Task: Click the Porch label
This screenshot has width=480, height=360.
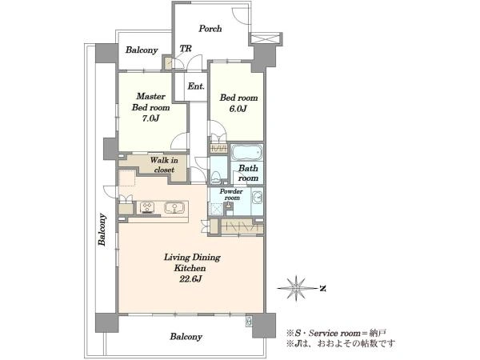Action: point(210,29)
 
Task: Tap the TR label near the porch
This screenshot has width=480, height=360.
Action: point(186,49)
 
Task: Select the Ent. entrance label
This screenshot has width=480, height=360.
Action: point(196,86)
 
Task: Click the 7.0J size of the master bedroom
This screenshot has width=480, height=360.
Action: point(150,118)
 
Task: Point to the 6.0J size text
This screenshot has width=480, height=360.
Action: point(238,109)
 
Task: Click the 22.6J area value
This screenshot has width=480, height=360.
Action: point(192,279)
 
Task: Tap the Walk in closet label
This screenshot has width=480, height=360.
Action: point(164,165)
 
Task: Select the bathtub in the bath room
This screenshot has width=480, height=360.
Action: point(246,152)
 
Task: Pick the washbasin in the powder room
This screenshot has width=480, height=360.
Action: point(257,197)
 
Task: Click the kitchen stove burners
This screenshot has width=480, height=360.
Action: point(147,207)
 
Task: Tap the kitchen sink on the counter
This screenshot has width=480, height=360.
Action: point(174,207)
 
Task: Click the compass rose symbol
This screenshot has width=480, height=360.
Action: point(296,288)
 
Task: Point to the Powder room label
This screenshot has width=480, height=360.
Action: point(231,194)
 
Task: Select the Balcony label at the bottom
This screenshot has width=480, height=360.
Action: point(186,337)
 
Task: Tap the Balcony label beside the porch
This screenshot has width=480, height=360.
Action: point(142,50)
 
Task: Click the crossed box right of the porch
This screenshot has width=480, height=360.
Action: point(265,39)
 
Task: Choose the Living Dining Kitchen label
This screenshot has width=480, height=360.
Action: point(192,262)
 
